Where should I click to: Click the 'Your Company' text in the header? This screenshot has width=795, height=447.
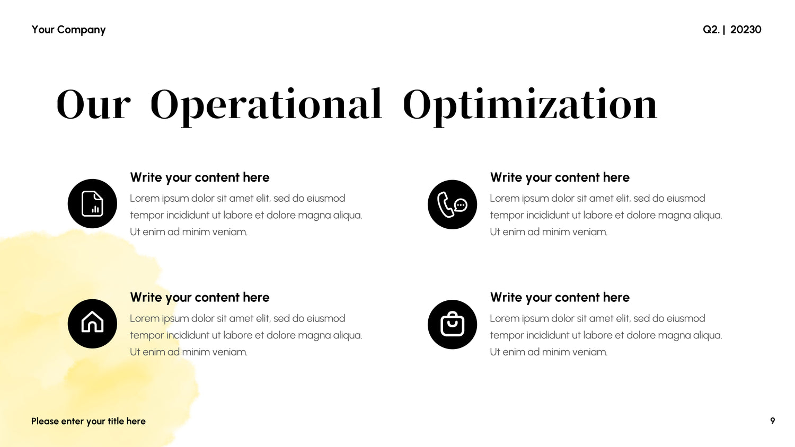tap(68, 30)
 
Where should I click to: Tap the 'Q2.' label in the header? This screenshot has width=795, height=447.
tap(711, 30)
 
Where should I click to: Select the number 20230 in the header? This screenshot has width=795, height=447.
tap(746, 30)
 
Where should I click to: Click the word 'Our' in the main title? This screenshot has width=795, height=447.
tap(93, 104)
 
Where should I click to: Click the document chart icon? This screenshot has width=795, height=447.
tap(92, 203)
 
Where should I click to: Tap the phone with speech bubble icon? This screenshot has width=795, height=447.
tap(452, 204)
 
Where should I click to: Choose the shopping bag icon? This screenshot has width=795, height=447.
tap(452, 324)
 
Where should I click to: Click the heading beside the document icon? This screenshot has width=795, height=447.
tap(200, 177)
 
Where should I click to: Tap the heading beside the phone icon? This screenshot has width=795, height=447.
tap(560, 177)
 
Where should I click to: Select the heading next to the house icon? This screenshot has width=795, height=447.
tap(200, 297)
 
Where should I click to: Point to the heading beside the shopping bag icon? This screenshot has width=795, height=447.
tap(560, 297)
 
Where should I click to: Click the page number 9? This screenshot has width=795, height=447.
tap(773, 421)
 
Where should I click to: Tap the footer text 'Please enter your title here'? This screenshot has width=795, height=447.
tap(89, 422)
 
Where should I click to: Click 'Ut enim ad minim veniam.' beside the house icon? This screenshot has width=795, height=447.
tap(189, 352)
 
